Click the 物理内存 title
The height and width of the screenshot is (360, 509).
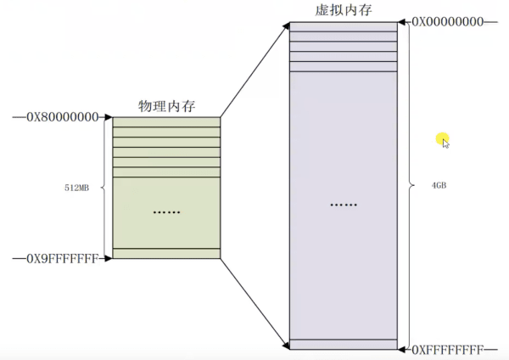pyautogui.click(x=166, y=107)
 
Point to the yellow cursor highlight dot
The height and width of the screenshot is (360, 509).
pyautogui.click(x=441, y=138)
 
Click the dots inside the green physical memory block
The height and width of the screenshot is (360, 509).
pyautogui.click(x=166, y=211)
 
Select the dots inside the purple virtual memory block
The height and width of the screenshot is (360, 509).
pyautogui.click(x=344, y=205)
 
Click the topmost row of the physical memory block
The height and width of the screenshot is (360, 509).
pyautogui.click(x=166, y=122)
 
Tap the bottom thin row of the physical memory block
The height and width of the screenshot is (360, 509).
pyautogui.click(x=166, y=253)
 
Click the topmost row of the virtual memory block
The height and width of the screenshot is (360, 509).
pyautogui.click(x=344, y=26)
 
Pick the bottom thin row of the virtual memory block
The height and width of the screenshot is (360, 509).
pyautogui.click(x=344, y=345)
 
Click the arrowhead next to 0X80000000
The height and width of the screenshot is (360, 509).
pyautogui.click(x=108, y=117)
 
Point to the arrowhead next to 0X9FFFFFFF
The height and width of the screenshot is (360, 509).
pyautogui.click(x=108, y=257)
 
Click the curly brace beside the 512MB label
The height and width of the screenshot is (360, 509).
pyautogui.click(x=103, y=188)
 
